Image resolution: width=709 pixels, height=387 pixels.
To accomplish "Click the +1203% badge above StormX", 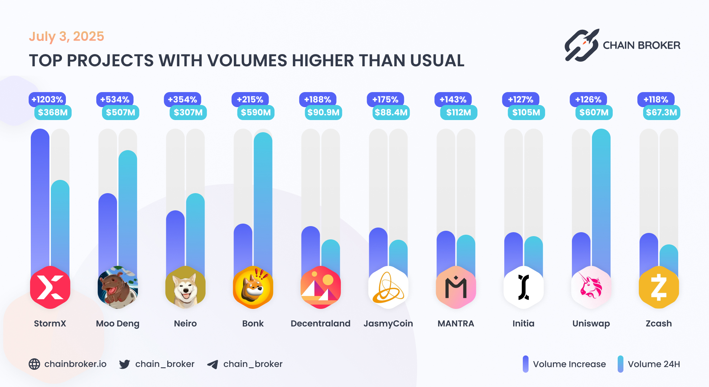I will (x=47, y=99).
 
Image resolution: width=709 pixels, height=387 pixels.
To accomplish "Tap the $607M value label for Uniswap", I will (x=594, y=113).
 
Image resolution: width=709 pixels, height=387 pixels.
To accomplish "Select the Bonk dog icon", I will (x=253, y=287).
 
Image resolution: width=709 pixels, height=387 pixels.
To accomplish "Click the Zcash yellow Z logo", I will (x=659, y=287).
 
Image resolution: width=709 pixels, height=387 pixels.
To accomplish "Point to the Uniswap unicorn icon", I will (x=591, y=287).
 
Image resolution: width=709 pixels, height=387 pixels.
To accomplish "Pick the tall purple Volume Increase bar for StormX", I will (x=40, y=197).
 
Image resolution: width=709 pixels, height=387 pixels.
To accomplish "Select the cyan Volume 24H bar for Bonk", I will (x=263, y=201).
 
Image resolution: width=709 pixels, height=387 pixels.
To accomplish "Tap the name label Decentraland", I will (x=320, y=324).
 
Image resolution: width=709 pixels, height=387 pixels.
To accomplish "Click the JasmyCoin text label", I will (x=388, y=324).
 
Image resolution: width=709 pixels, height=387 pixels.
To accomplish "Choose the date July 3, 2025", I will (x=66, y=37).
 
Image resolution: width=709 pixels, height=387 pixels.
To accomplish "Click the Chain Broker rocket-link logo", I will (x=582, y=46).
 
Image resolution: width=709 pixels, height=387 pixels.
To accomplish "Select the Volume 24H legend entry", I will (x=648, y=364).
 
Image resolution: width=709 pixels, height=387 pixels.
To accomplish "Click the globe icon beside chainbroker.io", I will (x=34, y=364).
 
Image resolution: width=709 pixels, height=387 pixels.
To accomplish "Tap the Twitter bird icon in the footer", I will (x=125, y=364).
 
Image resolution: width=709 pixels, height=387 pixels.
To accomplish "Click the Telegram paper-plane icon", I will (x=213, y=364).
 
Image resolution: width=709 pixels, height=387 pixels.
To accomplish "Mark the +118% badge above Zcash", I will (x=656, y=99).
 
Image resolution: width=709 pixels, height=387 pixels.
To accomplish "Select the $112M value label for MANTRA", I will (x=458, y=113).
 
